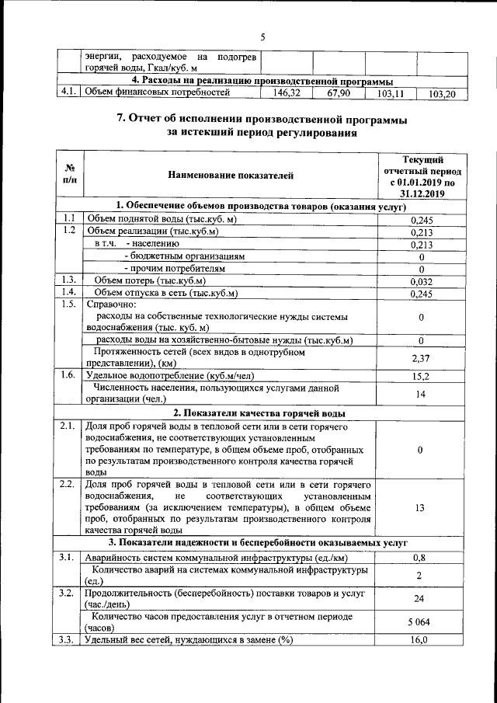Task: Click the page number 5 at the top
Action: [262, 37]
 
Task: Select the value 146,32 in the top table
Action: [286, 93]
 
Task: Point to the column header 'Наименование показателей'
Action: [231, 176]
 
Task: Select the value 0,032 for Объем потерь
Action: [421, 280]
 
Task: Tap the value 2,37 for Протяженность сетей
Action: [421, 357]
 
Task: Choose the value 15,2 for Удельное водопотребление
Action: [421, 376]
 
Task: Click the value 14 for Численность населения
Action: [421, 395]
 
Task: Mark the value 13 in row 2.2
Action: [421, 507]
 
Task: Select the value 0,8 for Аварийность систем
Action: [421, 557]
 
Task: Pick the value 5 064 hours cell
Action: [421, 622]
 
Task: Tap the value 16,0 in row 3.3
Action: [421, 640]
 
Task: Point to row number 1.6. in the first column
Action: [68, 375]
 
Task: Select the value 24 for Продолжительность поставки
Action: [421, 599]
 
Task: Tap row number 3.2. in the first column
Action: [68, 593]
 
